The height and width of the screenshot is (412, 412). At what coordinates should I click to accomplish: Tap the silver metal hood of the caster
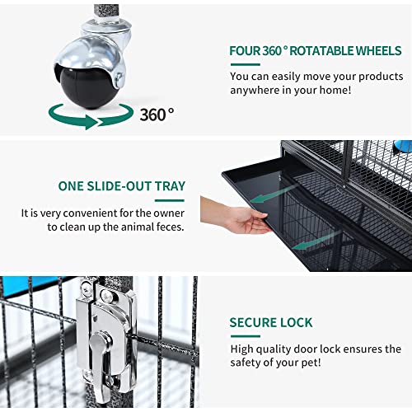pyautogui.click(x=89, y=51)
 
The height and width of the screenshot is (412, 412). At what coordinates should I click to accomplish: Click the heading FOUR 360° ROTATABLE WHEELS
pyautogui.click(x=315, y=51)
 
